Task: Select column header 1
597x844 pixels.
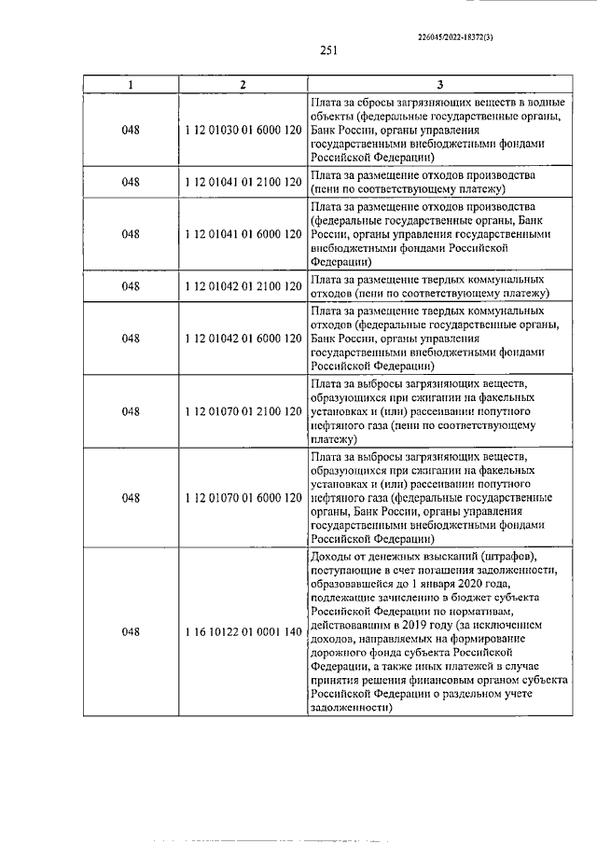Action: coord(131,85)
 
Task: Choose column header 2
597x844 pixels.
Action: coord(243,85)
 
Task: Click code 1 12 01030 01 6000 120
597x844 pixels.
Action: coord(243,131)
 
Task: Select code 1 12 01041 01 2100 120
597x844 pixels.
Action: coord(243,182)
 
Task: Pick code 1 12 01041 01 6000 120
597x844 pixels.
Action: coord(243,234)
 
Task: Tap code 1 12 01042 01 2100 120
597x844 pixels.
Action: coord(243,286)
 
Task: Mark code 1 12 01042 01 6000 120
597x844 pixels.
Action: coord(243,339)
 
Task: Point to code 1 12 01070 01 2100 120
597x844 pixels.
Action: coord(243,411)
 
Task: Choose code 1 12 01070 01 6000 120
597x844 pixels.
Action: coord(243,498)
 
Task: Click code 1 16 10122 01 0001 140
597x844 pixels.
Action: coord(243,632)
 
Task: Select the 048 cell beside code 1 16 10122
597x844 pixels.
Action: coord(131,632)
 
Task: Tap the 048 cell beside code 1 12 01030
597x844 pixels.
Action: coord(131,131)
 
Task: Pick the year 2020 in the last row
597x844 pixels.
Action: coord(464,584)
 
